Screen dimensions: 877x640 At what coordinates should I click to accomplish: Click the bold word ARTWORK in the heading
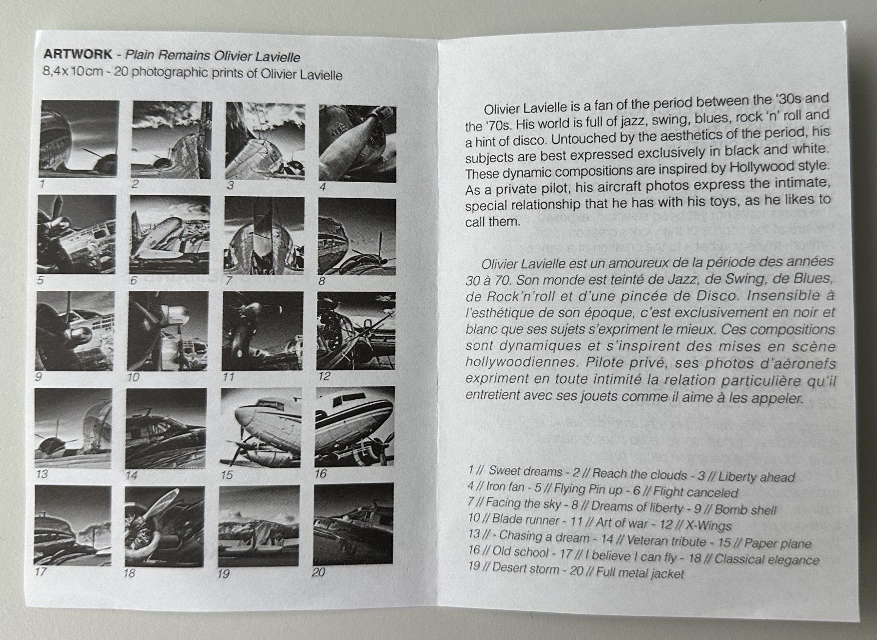[x=78, y=53]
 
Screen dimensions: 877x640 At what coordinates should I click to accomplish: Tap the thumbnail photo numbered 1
[x=79, y=139]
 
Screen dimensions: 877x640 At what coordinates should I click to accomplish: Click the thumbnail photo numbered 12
[x=356, y=331]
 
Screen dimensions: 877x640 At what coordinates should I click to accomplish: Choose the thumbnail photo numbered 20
[x=353, y=524]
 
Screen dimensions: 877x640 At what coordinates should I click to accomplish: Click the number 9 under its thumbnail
[x=39, y=376]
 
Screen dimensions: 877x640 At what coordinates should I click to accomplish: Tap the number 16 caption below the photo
[x=321, y=473]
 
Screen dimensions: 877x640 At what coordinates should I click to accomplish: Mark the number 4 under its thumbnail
[x=323, y=187]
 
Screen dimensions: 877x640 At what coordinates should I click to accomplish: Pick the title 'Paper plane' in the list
[x=778, y=543]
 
